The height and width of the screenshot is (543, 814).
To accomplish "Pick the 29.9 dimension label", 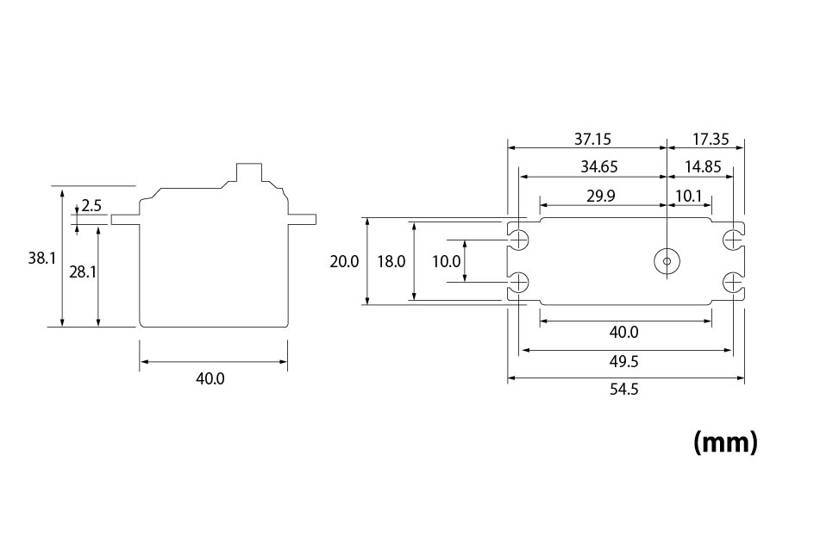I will (600, 196).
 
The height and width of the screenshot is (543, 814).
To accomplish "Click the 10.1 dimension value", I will (689, 196).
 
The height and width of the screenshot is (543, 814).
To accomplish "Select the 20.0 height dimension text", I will (344, 261).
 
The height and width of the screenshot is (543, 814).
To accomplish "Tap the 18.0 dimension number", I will (391, 261).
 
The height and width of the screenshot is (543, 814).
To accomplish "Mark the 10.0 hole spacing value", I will (446, 261).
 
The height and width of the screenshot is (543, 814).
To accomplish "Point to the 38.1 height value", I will (41, 258).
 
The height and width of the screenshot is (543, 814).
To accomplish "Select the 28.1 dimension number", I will (83, 271).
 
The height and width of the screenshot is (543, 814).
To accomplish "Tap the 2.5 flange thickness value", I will (91, 206).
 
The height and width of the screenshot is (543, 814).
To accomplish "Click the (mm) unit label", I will (725, 442).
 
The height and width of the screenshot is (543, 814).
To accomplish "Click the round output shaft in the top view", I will (667, 261).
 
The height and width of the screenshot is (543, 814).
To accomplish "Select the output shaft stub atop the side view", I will (250, 172).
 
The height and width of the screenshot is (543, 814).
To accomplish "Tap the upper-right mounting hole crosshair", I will (732, 238).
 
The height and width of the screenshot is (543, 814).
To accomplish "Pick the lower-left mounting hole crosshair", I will (519, 283).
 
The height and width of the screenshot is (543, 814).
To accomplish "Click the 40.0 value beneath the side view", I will (211, 378).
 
